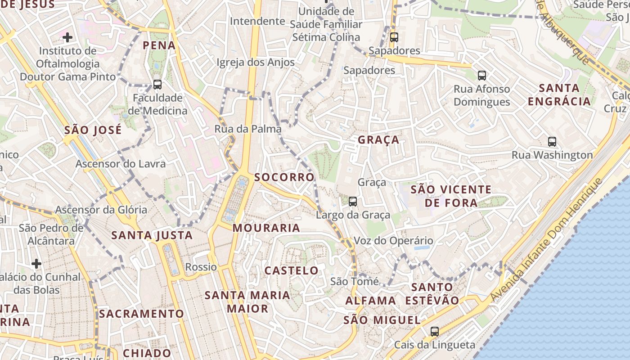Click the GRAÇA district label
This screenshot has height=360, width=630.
[x=378, y=139]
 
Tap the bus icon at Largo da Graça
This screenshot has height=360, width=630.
[x=353, y=201]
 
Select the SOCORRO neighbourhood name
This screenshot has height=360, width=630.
[x=284, y=177]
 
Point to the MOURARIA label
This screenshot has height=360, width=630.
[x=266, y=228]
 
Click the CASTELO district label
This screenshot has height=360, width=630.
[x=291, y=270]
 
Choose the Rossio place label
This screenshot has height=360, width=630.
[x=201, y=267]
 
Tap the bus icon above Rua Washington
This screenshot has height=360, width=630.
[x=552, y=141]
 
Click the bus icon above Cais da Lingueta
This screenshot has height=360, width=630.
[x=434, y=331]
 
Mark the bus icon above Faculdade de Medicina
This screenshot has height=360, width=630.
[x=157, y=84]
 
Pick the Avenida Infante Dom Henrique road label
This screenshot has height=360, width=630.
[x=546, y=240]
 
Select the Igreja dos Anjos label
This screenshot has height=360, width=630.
[x=256, y=62]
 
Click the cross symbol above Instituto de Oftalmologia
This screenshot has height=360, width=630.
[x=67, y=37]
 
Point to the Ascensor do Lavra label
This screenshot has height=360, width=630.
[x=120, y=163]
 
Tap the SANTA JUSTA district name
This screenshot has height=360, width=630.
[x=152, y=235]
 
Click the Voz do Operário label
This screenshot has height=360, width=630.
[x=393, y=241]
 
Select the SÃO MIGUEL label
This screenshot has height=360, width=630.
[x=382, y=320]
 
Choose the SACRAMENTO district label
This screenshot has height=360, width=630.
[x=141, y=314]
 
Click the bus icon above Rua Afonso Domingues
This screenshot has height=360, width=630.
[x=482, y=75]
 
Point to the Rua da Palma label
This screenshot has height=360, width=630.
[x=247, y=129]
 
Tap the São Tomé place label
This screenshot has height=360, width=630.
[x=354, y=281]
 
